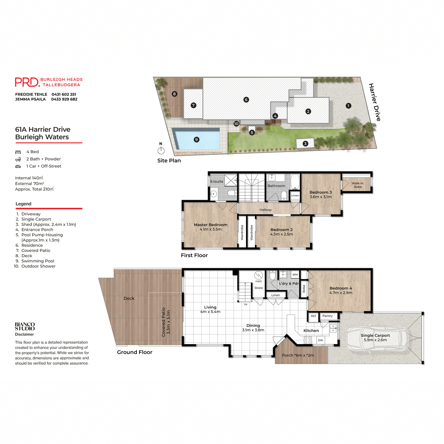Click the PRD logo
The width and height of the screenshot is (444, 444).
click(27, 82)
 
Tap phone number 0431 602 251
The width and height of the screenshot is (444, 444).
click(64, 94)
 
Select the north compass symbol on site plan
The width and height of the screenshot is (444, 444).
click(161, 150)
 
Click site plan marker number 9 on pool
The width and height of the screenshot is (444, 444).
click(196, 139)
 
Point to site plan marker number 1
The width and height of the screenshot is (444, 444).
click(348, 106)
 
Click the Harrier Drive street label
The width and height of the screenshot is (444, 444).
click(374, 102)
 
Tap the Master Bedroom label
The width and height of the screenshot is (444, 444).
click(211, 225)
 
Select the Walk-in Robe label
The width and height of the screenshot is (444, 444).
click(357, 185)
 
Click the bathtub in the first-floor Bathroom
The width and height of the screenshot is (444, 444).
click(295, 182)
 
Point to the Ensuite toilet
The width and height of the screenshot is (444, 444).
click(232, 193)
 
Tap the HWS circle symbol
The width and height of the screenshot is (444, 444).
click(258, 275)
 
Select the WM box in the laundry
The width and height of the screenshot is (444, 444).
click(295, 275)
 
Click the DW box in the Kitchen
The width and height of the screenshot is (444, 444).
click(320, 340)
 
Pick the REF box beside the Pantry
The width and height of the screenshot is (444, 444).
click(313, 316)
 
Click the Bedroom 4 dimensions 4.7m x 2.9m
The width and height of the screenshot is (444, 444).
click(341, 293)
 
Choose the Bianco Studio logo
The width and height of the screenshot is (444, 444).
click(25, 326)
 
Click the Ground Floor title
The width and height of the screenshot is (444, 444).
click(135, 352)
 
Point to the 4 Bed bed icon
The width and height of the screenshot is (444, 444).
click(18, 152)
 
